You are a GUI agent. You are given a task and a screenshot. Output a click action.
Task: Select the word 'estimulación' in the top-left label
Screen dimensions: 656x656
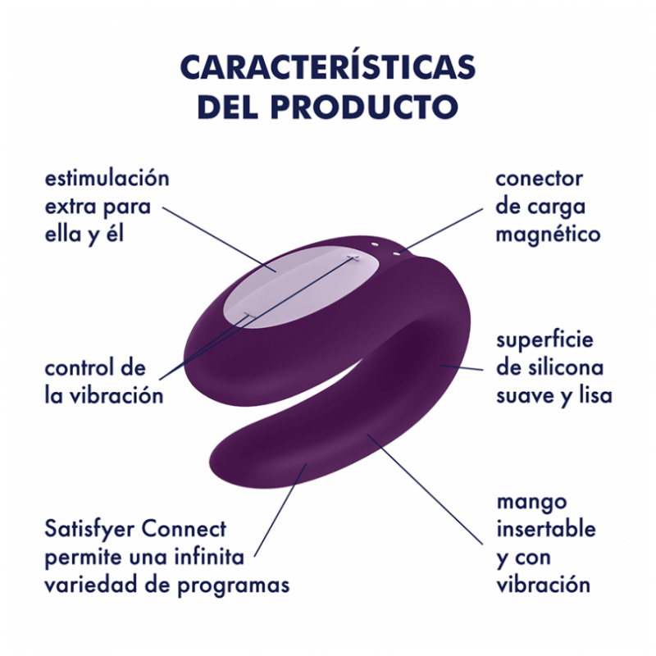107,178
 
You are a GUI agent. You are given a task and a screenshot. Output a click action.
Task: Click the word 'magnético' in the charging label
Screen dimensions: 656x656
548,235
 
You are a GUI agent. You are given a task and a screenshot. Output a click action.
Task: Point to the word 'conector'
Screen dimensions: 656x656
539,180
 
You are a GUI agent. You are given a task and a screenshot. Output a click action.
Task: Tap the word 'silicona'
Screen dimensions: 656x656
566,367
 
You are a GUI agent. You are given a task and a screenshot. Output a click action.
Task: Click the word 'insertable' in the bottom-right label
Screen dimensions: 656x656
546,529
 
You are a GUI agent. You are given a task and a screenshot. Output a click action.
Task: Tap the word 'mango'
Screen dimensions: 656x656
531,503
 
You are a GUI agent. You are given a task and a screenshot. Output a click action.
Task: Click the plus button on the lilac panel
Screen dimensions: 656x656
354,257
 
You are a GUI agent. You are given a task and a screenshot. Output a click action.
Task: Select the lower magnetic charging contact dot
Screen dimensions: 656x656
396,253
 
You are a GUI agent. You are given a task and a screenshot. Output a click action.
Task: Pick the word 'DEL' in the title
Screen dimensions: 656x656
228,107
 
